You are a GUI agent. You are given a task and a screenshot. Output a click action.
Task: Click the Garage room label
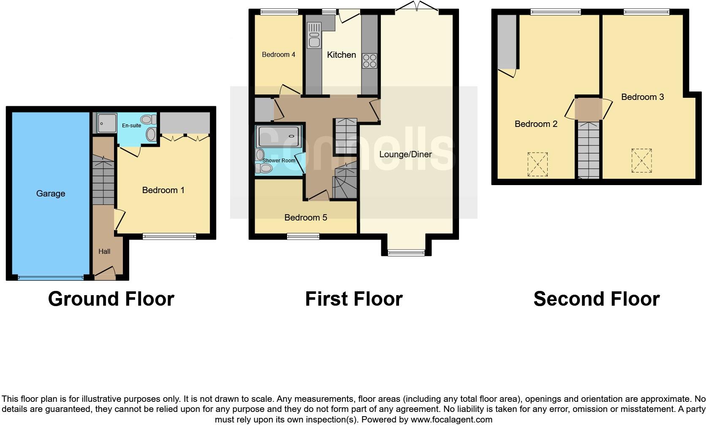click(51, 194)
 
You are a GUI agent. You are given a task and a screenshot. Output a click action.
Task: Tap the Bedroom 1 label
click(163, 190)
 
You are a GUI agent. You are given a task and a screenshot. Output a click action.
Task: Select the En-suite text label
click(131, 126)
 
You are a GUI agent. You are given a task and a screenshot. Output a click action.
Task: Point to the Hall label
click(104, 252)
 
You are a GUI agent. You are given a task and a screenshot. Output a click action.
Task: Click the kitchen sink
click(314, 35)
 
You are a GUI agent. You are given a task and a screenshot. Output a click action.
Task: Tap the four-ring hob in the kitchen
click(369, 61)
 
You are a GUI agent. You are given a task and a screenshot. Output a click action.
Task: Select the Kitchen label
click(341, 55)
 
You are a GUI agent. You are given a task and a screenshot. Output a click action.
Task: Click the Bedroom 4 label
click(278, 54)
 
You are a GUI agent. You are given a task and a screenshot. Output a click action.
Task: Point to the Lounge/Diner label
click(405, 154)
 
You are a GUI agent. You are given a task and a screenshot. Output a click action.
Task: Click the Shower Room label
click(279, 161)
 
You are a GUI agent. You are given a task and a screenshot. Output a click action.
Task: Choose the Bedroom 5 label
click(305, 218)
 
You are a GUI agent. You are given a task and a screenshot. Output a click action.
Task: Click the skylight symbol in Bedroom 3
click(641, 161)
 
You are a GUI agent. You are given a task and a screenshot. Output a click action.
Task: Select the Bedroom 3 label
click(642, 97)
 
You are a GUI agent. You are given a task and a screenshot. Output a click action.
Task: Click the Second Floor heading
click(596, 299)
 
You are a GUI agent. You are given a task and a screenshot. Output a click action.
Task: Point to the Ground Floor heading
click(111, 299)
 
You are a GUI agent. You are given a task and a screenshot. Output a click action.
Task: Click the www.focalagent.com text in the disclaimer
click(451, 420)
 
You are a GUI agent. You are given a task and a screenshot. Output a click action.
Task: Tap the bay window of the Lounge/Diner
click(406, 252)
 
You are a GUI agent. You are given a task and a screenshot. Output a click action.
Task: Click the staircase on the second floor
click(589, 150)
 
